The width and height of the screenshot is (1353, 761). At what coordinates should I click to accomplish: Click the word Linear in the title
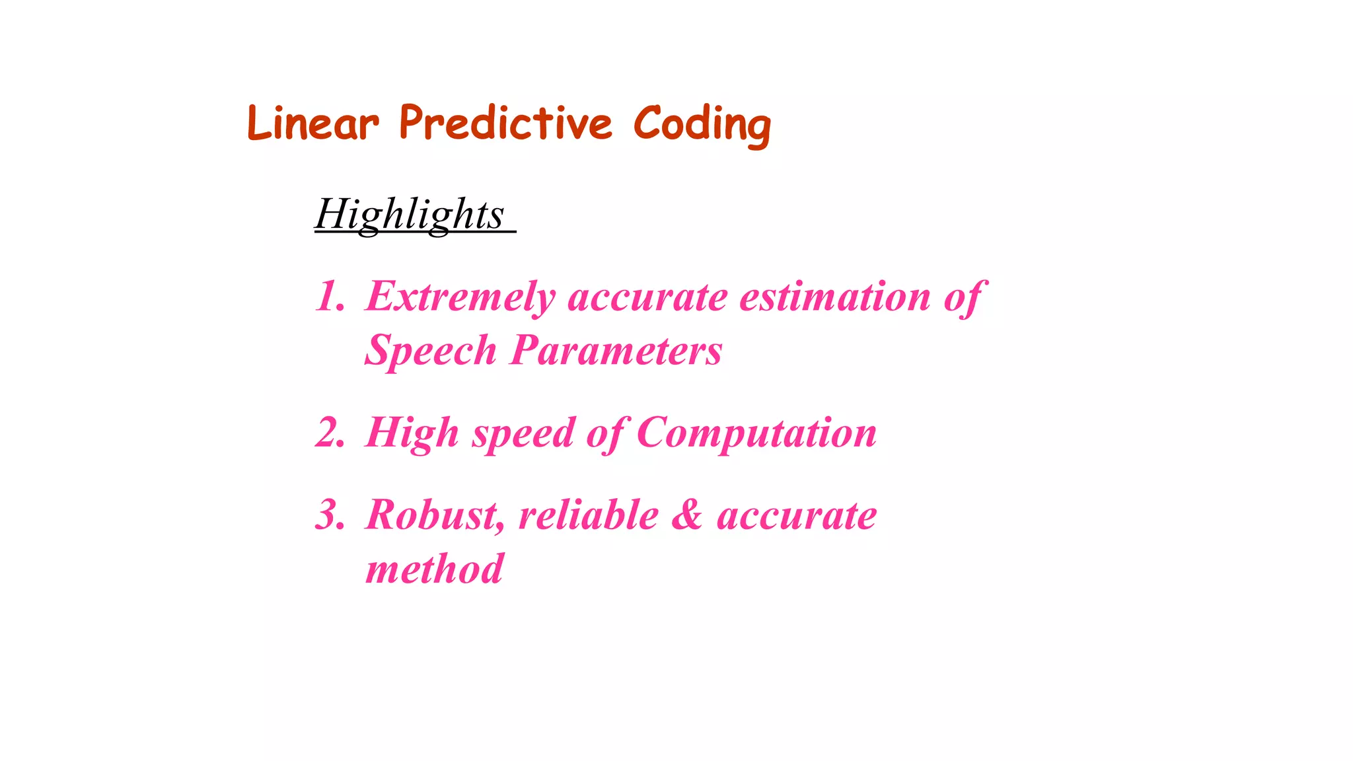pyautogui.click(x=313, y=124)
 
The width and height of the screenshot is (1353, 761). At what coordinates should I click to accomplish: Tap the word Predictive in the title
pyautogui.click(x=505, y=124)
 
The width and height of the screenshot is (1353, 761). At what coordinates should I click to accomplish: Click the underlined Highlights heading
pyautogui.click(x=410, y=214)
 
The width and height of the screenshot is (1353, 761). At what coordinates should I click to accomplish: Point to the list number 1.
pyautogui.click(x=330, y=297)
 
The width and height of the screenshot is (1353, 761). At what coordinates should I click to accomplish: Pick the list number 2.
pyautogui.click(x=330, y=434)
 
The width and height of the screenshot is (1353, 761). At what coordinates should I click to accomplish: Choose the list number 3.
pyautogui.click(x=330, y=515)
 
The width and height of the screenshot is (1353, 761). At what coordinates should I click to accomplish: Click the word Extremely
pyautogui.click(x=460, y=297)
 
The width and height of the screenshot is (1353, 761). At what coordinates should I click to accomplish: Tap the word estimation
pyautogui.click(x=835, y=297)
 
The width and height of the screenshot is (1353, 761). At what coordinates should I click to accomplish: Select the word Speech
pyautogui.click(x=431, y=350)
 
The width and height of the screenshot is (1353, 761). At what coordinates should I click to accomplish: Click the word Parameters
pyautogui.click(x=616, y=350)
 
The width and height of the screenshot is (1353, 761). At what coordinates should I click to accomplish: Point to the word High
pyautogui.click(x=412, y=434)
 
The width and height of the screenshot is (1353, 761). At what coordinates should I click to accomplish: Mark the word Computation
pyautogui.click(x=756, y=434)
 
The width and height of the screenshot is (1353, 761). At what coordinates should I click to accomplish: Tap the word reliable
pyautogui.click(x=589, y=515)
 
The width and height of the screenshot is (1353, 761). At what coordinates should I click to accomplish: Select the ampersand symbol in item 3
pyautogui.click(x=687, y=515)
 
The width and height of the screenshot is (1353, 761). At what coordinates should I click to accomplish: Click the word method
pyautogui.click(x=434, y=569)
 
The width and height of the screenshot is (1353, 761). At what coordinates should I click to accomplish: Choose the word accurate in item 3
pyautogui.click(x=797, y=516)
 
